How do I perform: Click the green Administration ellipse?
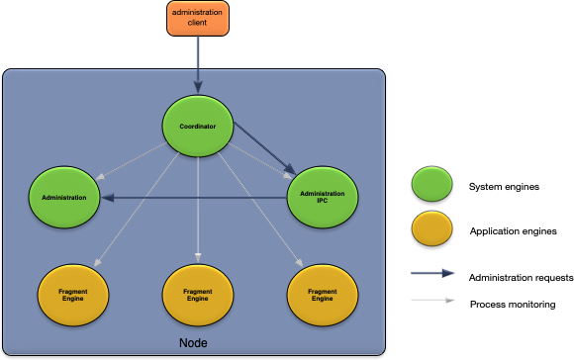(64, 198)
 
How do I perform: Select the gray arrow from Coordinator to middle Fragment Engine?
(198, 208)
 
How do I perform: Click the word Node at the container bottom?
(193, 342)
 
